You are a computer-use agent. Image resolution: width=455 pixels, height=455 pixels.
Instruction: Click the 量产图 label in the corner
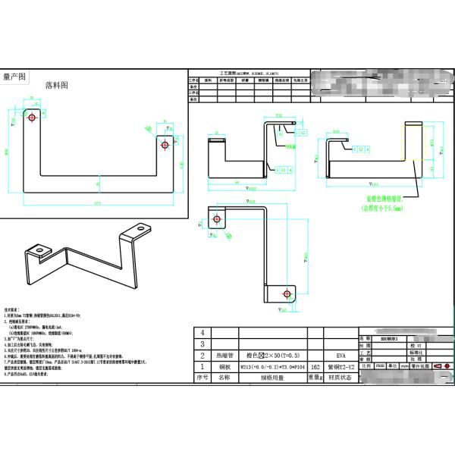pyautogui.click(x=14, y=77)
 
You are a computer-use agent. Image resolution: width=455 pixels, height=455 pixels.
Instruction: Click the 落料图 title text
pyautogui.click(x=57, y=85)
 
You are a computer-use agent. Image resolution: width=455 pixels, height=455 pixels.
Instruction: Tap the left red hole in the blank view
pyautogui.click(x=33, y=118)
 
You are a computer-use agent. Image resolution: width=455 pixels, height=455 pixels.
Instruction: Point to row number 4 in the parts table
pyautogui.click(x=201, y=333)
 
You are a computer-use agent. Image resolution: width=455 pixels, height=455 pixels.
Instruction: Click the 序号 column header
pyautogui.click(x=201, y=377)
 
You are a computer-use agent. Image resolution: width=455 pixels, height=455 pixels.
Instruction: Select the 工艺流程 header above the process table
pyautogui.click(x=229, y=72)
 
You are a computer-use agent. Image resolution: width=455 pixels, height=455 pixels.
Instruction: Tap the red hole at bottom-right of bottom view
pyautogui.click(x=285, y=293)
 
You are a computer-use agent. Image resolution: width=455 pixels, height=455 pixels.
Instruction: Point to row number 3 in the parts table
pyautogui.click(x=201, y=344)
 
